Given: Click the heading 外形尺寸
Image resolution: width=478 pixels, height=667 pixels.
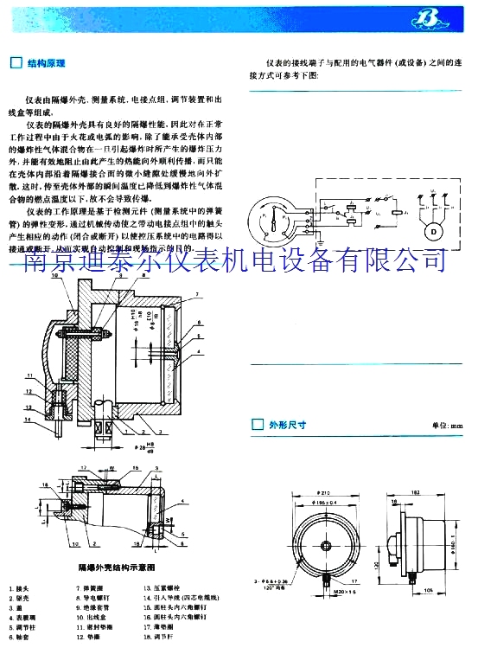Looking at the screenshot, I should tap(288, 425).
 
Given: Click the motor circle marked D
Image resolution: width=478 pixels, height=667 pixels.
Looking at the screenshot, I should tap(430, 233).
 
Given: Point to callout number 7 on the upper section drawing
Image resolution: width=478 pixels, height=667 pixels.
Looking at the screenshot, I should tap(198, 296).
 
